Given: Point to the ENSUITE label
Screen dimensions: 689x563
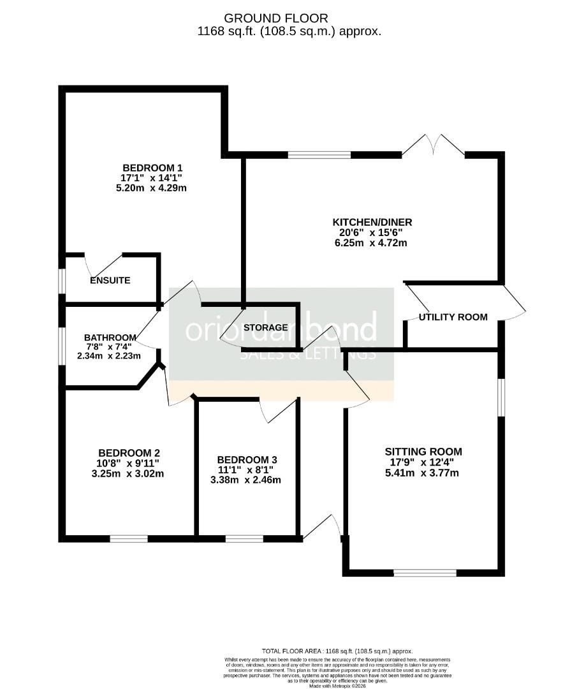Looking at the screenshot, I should [110, 281].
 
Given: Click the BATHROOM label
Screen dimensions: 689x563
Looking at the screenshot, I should [110, 337].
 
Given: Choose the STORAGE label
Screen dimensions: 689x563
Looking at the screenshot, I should [265, 328].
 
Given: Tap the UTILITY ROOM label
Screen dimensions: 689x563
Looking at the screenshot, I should [453, 317].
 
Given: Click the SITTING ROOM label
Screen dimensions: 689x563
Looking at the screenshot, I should [423, 452].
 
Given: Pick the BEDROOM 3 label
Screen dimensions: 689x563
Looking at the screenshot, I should [247, 460].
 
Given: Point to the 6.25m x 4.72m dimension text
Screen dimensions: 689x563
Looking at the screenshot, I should [372, 243].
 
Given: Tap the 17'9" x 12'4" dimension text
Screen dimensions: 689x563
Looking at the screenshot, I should [423, 463].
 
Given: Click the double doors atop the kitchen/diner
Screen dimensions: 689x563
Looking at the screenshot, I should [434, 145].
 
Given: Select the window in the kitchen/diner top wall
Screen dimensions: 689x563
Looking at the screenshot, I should [319, 154].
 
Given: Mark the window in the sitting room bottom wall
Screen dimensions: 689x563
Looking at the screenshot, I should [425, 572].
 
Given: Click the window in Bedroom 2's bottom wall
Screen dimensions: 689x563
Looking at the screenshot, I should [128, 538].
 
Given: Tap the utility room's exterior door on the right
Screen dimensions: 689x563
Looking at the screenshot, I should [514, 304].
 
